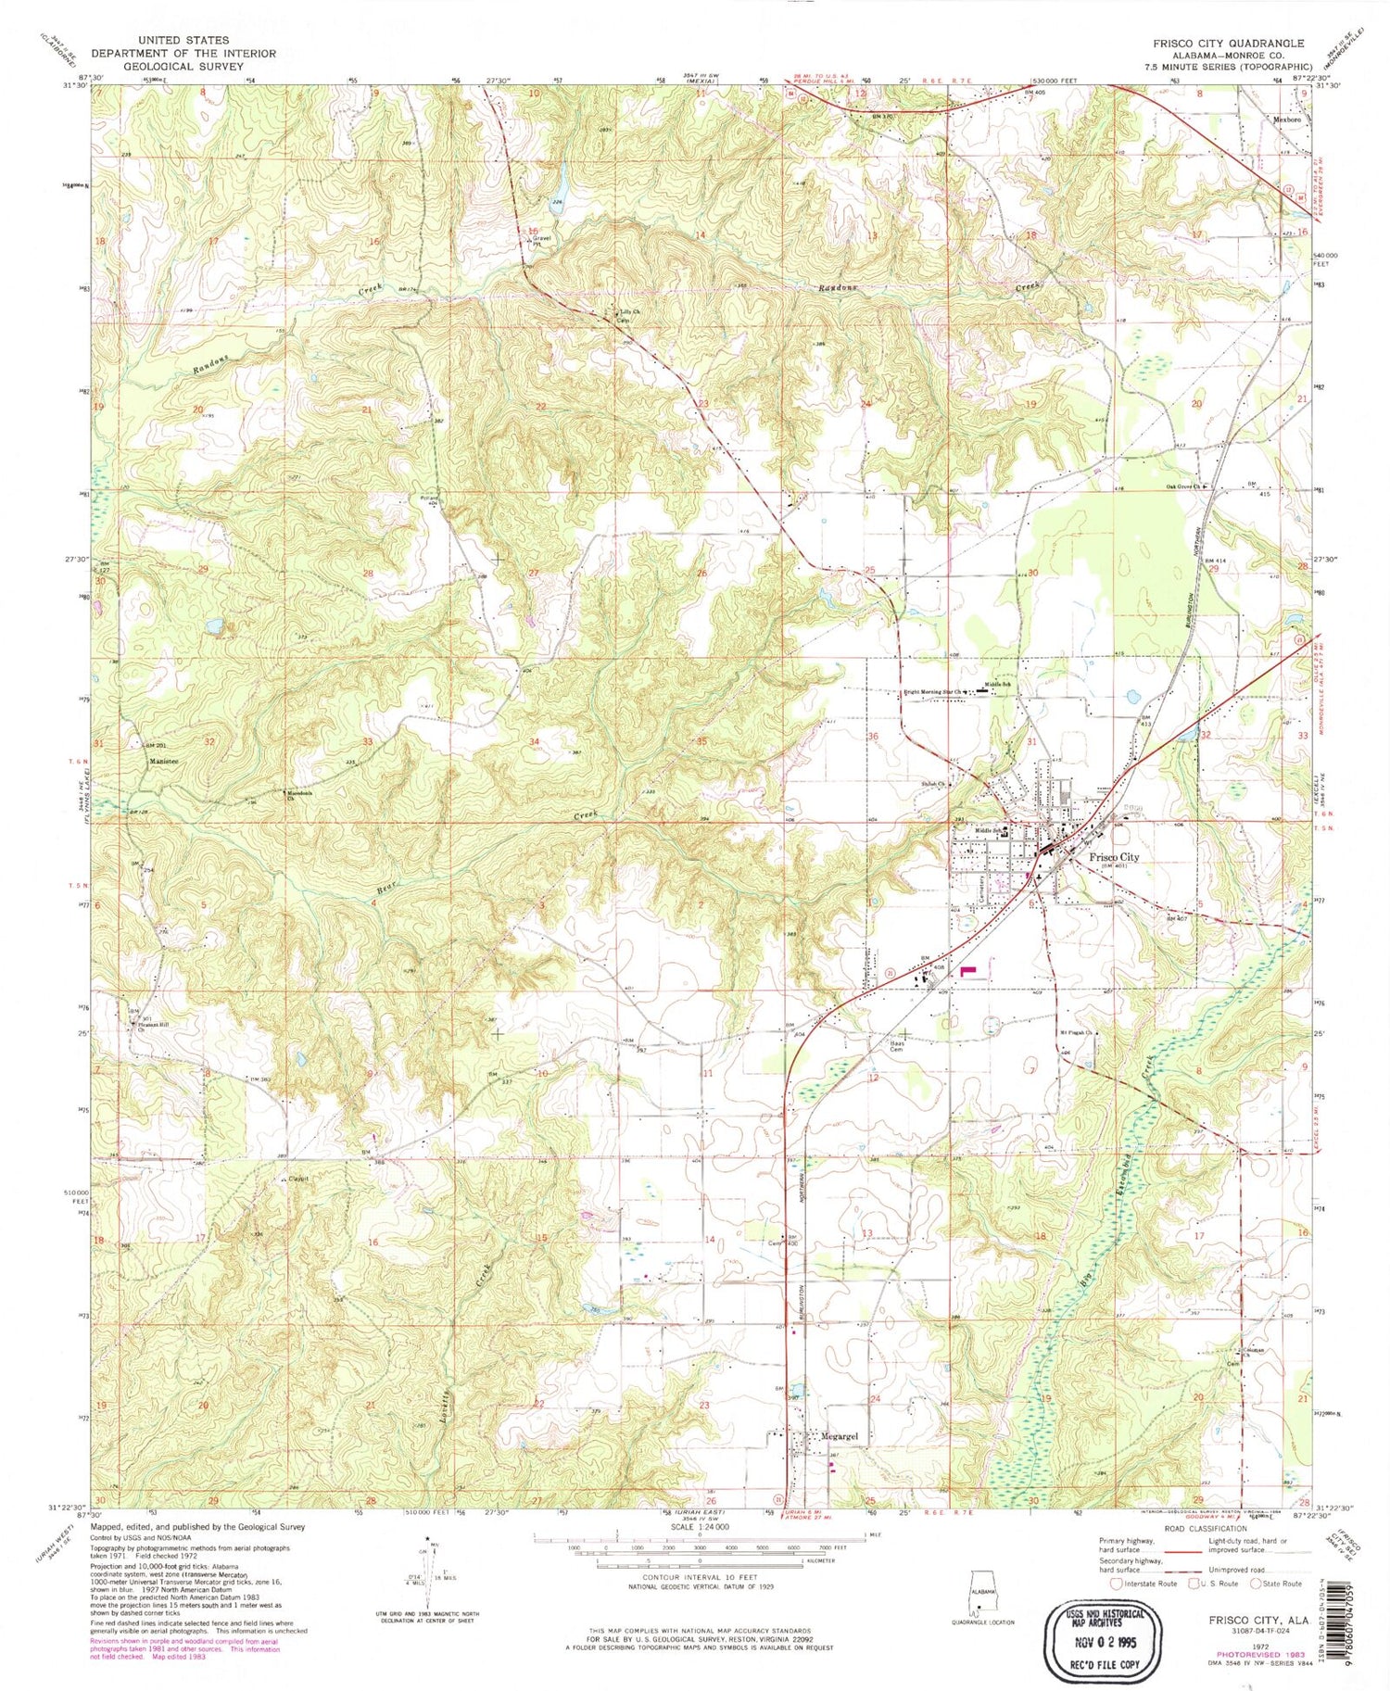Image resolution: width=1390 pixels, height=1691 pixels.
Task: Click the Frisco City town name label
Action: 1114,857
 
